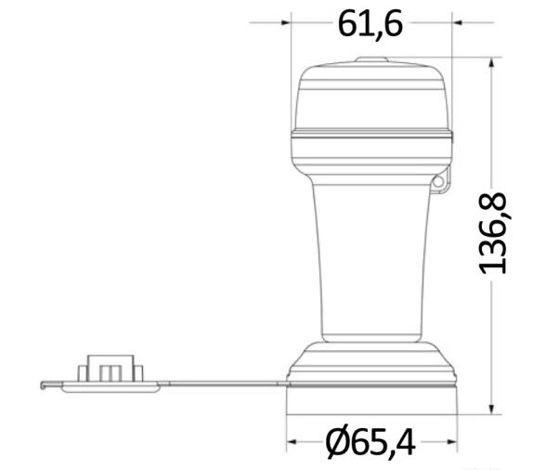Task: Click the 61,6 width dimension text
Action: (x=370, y=24)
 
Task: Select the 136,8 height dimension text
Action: (x=492, y=233)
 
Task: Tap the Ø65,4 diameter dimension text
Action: (x=370, y=442)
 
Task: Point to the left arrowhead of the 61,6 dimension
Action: (x=286, y=22)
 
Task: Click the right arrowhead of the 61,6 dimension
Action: (x=457, y=22)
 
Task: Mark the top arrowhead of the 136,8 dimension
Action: (x=491, y=63)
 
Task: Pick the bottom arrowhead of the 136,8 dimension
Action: (x=491, y=410)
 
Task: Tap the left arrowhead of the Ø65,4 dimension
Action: (x=292, y=442)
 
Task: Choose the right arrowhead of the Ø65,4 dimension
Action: (x=453, y=442)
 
